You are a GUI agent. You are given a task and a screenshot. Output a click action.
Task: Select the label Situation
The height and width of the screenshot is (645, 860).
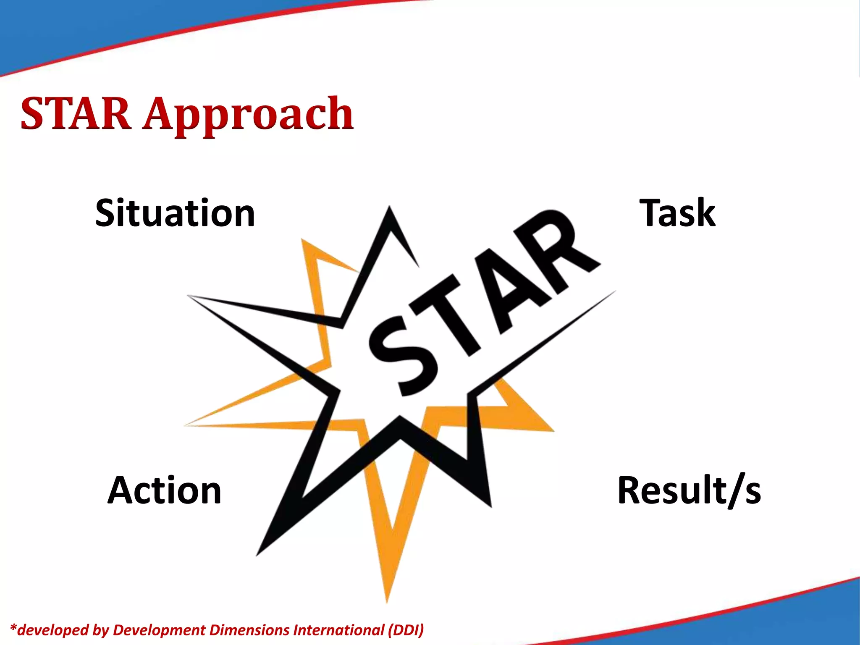point(175,213)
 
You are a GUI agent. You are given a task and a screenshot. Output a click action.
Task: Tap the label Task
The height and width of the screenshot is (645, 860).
point(677,213)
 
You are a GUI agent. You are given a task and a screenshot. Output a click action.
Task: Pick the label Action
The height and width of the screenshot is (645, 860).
point(164,490)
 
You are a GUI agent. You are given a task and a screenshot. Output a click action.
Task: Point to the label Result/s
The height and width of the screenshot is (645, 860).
point(689,490)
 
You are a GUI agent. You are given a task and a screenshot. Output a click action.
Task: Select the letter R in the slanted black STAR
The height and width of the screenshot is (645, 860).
point(554,248)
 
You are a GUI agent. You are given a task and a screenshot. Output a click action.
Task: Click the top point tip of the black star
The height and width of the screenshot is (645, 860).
point(389,208)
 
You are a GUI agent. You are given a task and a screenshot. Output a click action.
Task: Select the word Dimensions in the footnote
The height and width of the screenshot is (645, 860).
point(249,630)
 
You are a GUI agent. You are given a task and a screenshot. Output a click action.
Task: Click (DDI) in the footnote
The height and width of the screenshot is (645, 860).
point(406,630)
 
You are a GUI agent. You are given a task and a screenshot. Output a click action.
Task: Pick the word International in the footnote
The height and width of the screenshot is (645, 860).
point(339,630)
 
